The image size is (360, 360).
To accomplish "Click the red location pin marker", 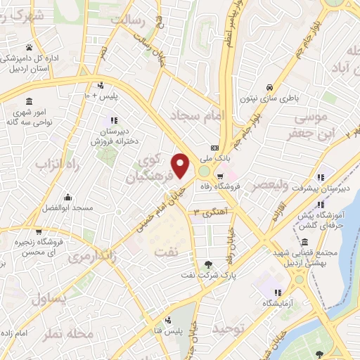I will click(181, 166).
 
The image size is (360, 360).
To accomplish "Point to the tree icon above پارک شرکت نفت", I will click(207, 264).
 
